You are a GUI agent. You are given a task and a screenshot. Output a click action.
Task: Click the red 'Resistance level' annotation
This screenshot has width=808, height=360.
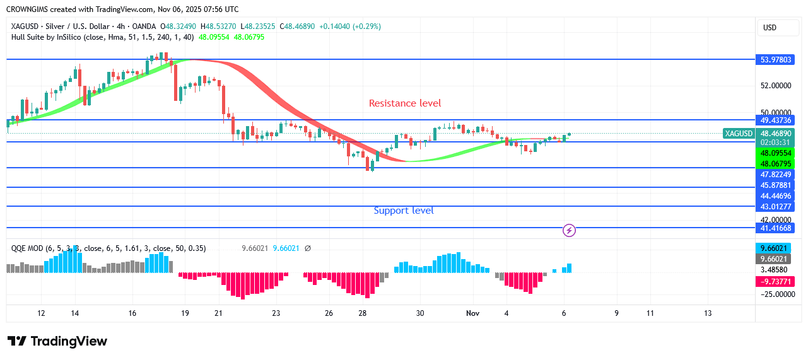click(405, 103)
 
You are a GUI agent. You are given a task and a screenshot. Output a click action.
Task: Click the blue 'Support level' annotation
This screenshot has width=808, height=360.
click(404, 211)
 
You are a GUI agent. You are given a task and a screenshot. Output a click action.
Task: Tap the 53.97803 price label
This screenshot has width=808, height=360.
click(775, 60)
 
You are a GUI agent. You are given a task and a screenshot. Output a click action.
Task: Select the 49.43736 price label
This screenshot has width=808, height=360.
click(775, 120)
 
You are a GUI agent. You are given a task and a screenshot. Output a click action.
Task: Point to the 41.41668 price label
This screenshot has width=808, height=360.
click(775, 228)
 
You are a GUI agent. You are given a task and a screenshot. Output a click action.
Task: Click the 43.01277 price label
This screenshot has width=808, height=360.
click(775, 206)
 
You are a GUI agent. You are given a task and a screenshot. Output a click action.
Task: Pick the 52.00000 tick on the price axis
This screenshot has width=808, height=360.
click(775, 86)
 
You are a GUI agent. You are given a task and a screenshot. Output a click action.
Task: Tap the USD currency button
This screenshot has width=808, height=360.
click(770, 28)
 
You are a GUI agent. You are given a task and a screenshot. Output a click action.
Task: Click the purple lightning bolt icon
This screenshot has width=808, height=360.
click(569, 231)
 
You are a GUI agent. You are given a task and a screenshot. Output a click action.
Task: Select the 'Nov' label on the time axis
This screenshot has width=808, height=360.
click(473, 313)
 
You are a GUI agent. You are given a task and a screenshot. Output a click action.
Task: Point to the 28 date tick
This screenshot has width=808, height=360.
click(363, 313)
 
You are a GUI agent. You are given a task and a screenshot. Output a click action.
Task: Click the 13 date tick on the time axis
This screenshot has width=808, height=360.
click(708, 313)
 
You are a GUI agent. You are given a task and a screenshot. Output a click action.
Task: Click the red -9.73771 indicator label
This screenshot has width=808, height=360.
click(775, 281)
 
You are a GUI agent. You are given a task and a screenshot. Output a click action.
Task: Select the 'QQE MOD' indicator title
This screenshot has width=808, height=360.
click(27, 248)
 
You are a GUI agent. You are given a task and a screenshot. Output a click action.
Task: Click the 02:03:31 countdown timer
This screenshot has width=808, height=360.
click(775, 142)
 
